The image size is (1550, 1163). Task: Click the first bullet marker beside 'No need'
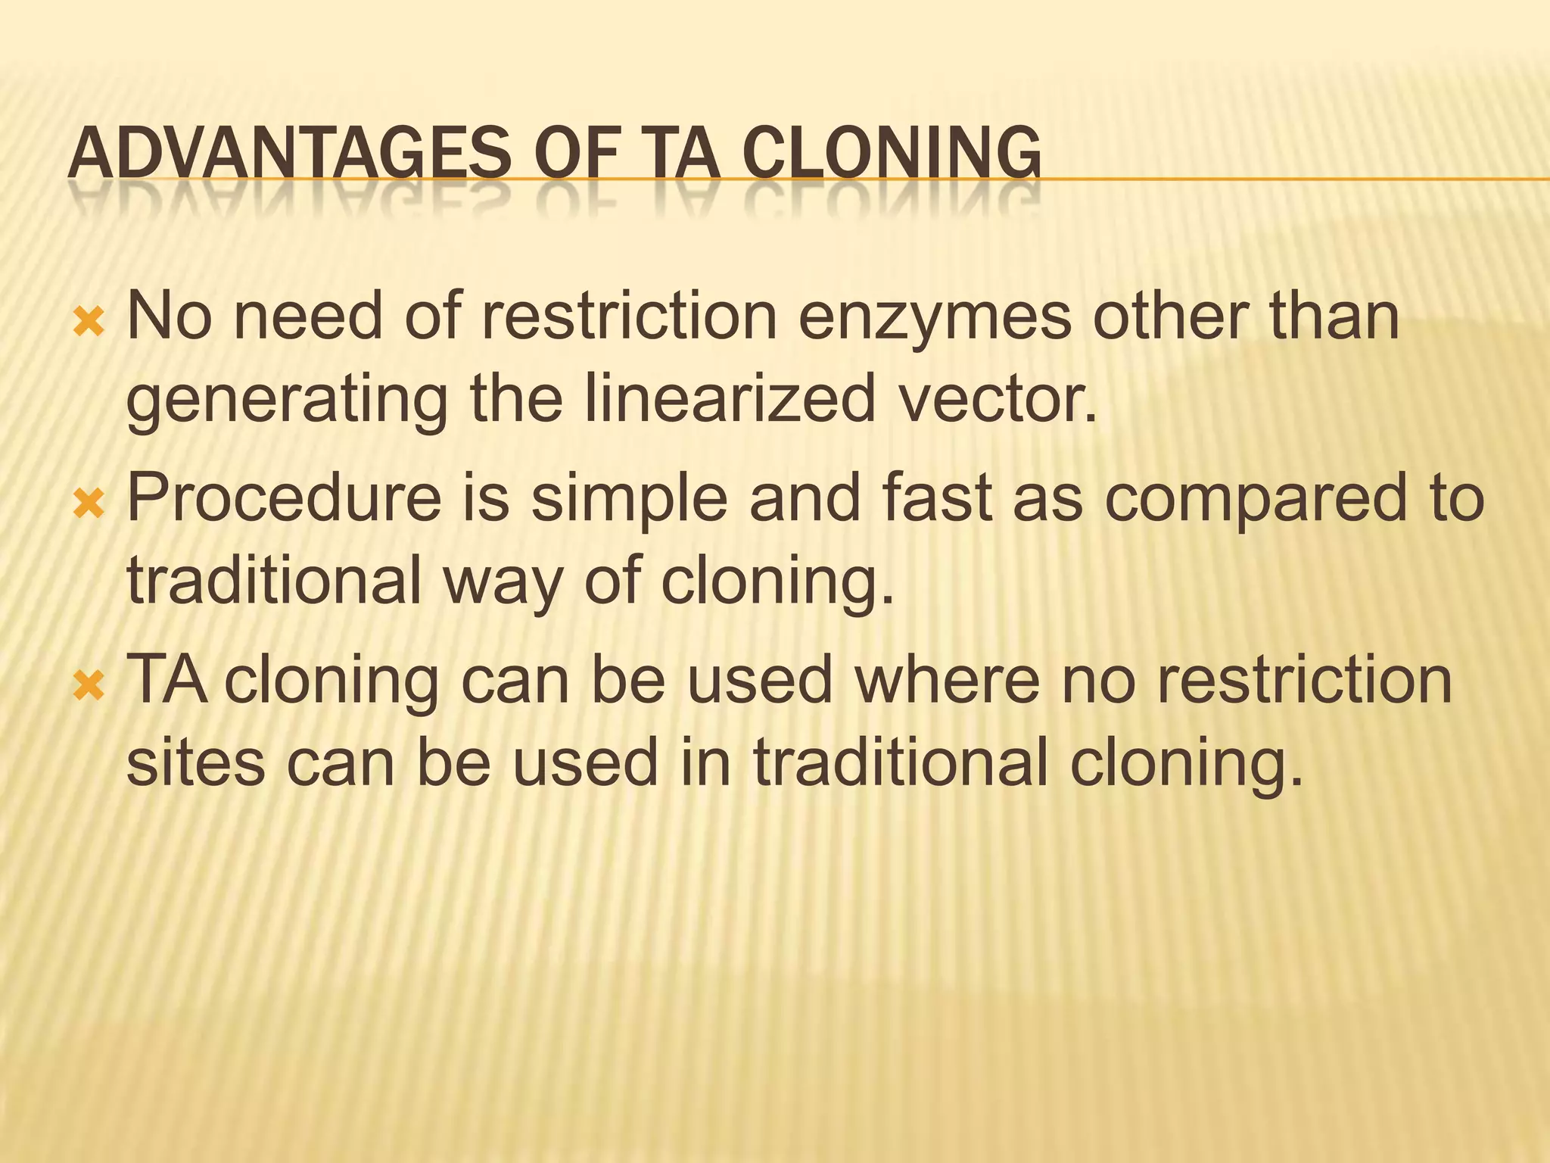89,323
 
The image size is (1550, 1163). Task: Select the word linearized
729,399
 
